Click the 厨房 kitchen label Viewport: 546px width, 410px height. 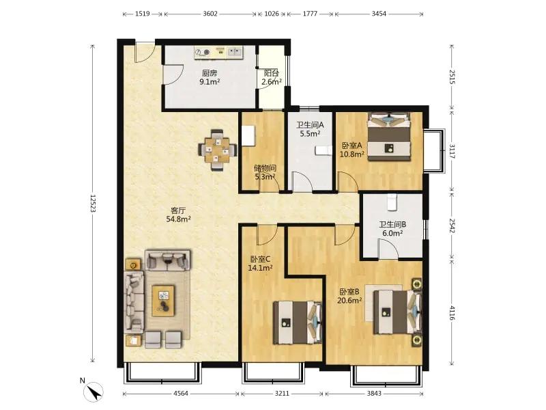[x=210, y=73]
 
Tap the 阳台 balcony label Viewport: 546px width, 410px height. [x=271, y=73]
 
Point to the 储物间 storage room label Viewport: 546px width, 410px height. [x=265, y=168]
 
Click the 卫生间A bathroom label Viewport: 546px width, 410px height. [x=310, y=125]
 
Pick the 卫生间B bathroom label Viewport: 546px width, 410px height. [x=392, y=225]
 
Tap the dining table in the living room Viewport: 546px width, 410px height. [x=217, y=150]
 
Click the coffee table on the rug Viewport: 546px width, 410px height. [x=163, y=301]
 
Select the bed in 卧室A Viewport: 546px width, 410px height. [x=390, y=136]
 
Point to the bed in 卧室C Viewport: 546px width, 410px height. [x=298, y=323]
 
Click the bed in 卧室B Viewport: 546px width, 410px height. [x=397, y=312]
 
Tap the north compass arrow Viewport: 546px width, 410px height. [x=94, y=392]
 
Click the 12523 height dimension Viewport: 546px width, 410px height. [x=93, y=203]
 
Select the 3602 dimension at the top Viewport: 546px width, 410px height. [x=210, y=14]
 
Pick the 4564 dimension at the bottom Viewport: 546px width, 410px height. [x=181, y=394]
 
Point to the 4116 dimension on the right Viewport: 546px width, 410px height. [x=452, y=313]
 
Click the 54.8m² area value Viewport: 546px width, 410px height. [x=178, y=219]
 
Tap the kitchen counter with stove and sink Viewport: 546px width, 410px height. [x=219, y=53]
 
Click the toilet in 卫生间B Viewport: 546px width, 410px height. [x=392, y=202]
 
